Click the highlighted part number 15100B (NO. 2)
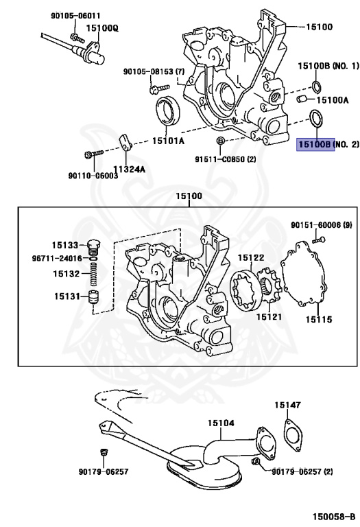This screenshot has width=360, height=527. click(x=314, y=145)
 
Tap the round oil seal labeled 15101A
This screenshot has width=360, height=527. click(x=167, y=110)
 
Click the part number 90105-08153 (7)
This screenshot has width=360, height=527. click(x=154, y=71)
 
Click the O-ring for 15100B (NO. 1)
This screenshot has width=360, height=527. click(x=316, y=86)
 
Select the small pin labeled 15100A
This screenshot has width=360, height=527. click(x=302, y=100)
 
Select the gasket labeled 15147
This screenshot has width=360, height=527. click(x=293, y=436)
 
